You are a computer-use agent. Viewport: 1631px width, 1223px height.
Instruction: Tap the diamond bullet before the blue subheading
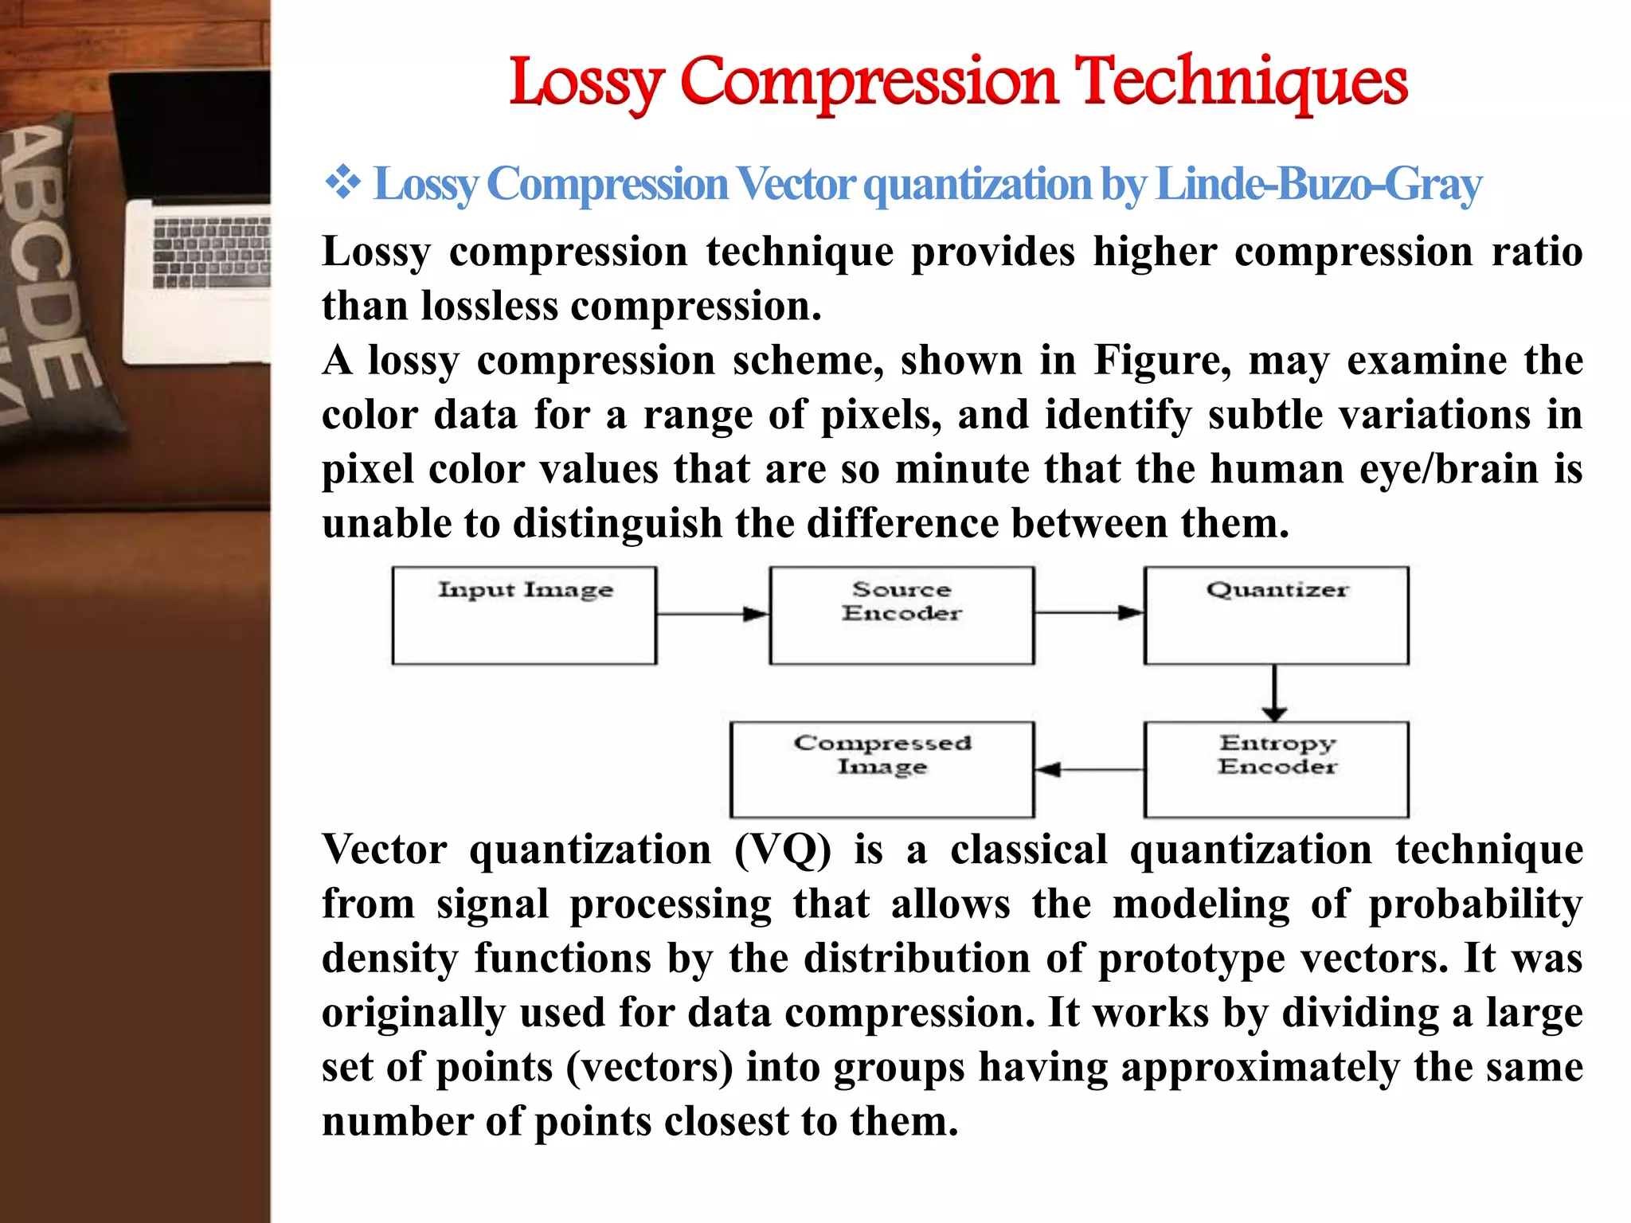coord(342,183)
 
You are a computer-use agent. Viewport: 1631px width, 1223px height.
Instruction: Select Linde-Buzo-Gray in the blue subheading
coord(1318,185)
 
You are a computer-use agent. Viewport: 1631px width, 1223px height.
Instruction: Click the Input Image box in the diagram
coord(524,615)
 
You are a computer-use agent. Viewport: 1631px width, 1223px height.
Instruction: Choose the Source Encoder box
coord(902,615)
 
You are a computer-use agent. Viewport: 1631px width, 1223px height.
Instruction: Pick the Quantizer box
coord(1276,615)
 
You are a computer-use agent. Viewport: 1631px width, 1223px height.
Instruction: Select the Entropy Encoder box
coord(1276,769)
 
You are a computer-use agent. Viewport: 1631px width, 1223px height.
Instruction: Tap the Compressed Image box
coord(882,769)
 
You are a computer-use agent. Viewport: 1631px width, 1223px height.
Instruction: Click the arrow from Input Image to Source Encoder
coord(712,614)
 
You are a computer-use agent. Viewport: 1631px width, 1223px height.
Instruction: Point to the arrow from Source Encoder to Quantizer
coord(1088,613)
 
